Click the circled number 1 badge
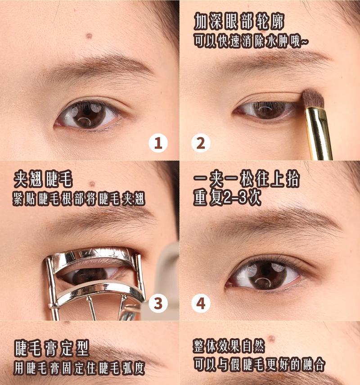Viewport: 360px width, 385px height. [158, 143]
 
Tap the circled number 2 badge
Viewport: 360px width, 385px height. [201, 143]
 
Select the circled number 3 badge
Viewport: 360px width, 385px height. [158, 303]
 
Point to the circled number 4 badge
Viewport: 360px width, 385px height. [201, 303]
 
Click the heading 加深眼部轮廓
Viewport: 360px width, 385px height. [239, 21]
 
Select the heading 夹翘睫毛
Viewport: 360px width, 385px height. [44, 179]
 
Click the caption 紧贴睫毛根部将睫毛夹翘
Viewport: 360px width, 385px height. [79, 199]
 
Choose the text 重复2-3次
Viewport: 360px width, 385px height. [227, 197]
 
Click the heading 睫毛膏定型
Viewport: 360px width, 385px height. [52, 348]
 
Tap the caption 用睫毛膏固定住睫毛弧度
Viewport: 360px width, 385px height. [79, 368]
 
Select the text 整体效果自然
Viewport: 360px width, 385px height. [229, 346]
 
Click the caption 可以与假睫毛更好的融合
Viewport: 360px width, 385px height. [259, 364]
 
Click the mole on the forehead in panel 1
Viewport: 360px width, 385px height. [89, 36]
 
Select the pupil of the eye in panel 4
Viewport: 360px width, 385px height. [265, 272]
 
